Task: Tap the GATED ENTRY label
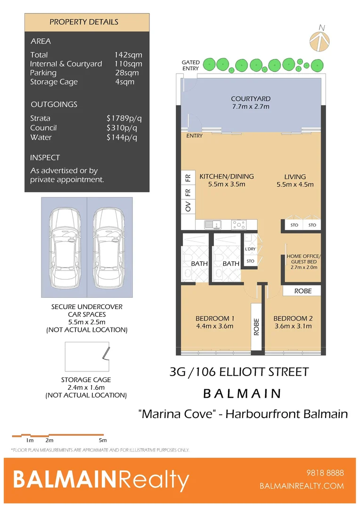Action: click(x=191, y=66)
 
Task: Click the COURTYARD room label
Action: click(x=250, y=103)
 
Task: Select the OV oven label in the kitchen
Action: click(x=188, y=206)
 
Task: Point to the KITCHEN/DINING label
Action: click(x=226, y=180)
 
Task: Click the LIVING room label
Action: click(x=295, y=180)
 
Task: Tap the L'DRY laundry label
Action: click(x=250, y=249)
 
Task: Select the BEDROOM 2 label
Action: click(x=293, y=321)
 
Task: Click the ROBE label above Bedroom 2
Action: click(x=303, y=291)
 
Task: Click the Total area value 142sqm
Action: click(x=128, y=55)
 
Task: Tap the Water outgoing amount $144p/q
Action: click(x=122, y=138)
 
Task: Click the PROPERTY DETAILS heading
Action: click(x=84, y=22)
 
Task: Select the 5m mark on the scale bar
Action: click(x=103, y=440)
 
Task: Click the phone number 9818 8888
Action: click(x=325, y=473)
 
